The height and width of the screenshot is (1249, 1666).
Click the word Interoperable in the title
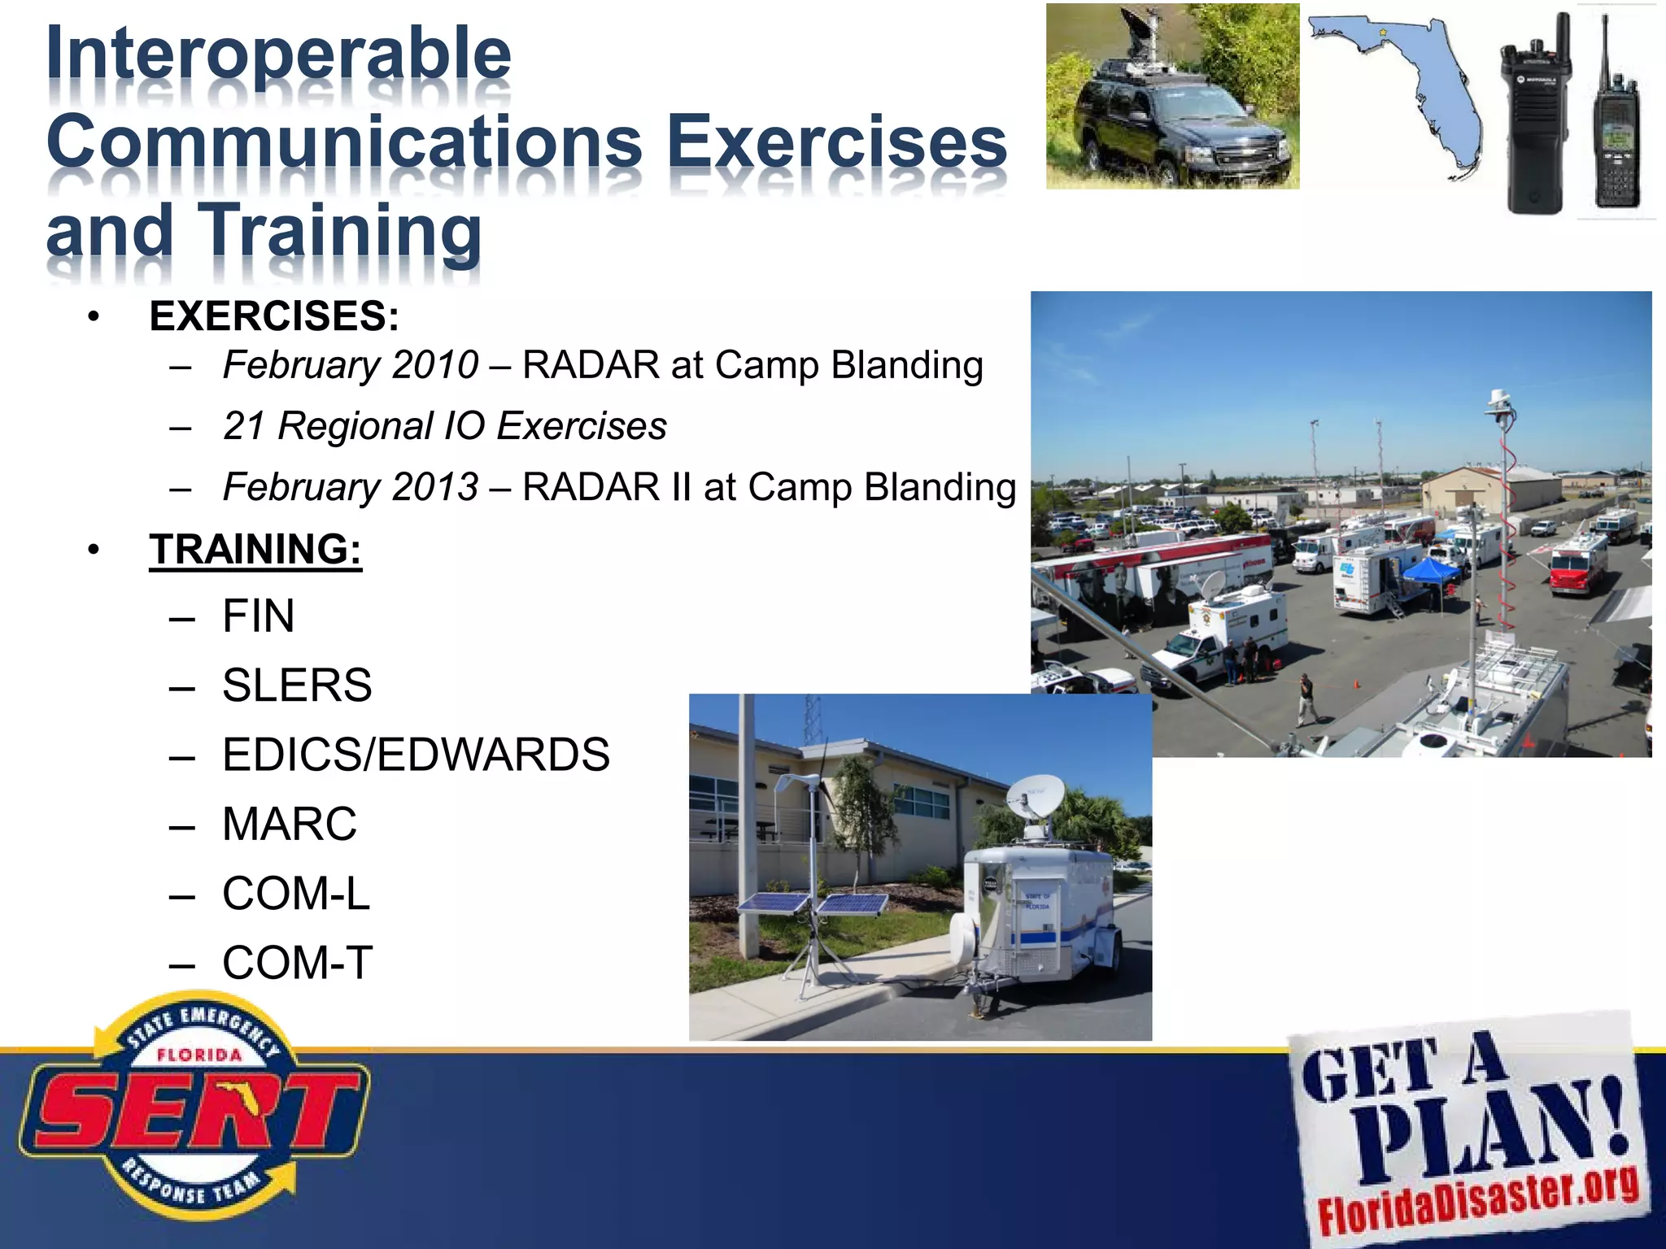click(279, 54)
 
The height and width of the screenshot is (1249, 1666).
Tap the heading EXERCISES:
click(274, 316)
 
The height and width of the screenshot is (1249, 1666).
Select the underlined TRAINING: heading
click(255, 549)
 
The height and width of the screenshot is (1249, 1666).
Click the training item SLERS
click(297, 685)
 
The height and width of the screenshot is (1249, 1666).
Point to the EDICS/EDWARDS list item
click(416, 755)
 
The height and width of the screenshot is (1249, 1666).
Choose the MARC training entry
click(290, 824)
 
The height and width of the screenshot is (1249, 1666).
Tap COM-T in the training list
click(297, 963)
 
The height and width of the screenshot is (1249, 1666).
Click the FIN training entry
click(259, 616)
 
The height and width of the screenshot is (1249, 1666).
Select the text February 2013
click(351, 487)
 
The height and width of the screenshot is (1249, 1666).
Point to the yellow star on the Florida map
click(1382, 33)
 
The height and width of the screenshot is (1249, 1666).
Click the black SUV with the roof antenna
click(1180, 130)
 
